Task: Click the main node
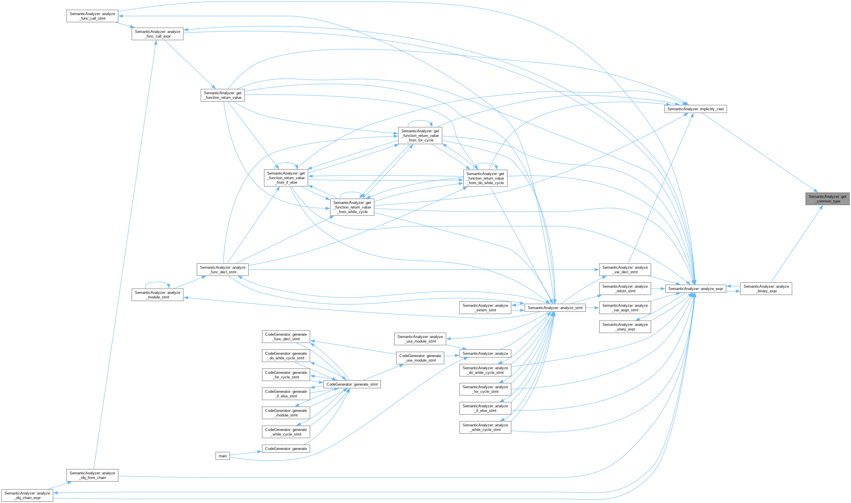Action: pos(223,456)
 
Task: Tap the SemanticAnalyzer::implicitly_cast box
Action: pos(695,109)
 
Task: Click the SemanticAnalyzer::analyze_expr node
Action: pos(695,289)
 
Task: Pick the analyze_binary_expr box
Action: pos(766,288)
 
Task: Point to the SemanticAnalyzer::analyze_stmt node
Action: pos(555,308)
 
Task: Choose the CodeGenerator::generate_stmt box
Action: pos(352,384)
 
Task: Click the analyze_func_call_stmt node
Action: pos(92,16)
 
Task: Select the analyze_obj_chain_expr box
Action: pos(27,496)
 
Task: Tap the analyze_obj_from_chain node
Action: pos(92,475)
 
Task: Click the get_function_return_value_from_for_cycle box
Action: pos(420,136)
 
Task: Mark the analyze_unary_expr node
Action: pos(625,327)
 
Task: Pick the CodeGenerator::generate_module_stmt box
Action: pos(286,413)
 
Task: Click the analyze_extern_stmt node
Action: pos(485,308)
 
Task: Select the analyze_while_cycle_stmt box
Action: pos(485,427)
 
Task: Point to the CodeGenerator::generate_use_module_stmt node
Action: pos(420,358)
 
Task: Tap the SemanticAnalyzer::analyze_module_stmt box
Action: pos(157,295)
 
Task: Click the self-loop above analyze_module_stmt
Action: pos(157,282)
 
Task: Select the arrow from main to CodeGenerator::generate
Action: pos(245,453)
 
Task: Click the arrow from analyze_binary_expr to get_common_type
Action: pos(796,244)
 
